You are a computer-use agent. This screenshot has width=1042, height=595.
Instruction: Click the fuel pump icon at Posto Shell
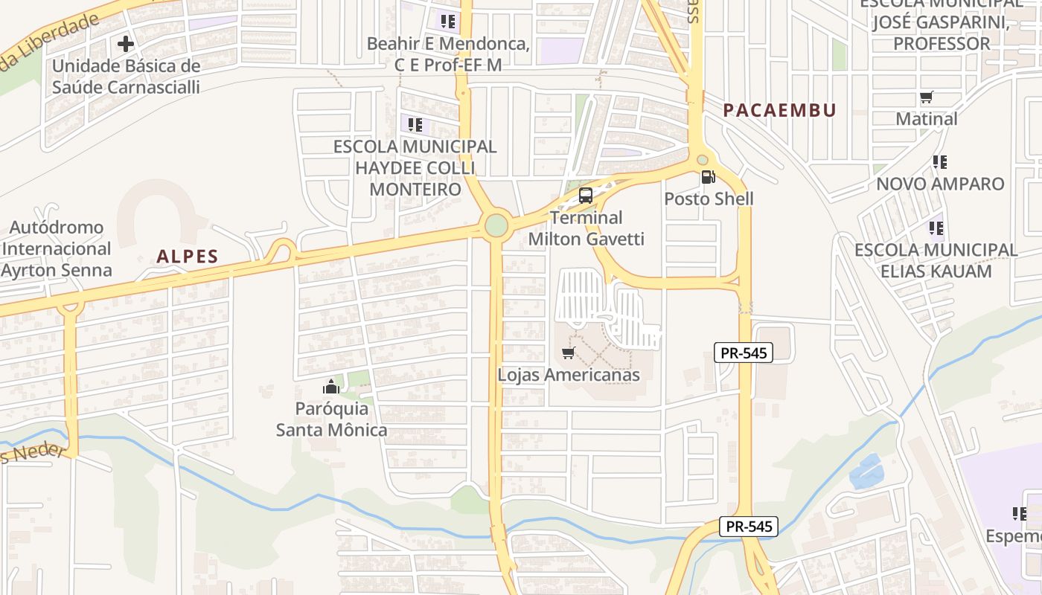coord(708,177)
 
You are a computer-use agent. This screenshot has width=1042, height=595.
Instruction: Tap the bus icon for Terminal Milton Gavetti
coord(586,196)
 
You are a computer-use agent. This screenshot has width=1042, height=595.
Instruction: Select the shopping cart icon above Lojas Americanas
coord(569,353)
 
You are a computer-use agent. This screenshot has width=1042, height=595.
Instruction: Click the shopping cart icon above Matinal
coord(927,97)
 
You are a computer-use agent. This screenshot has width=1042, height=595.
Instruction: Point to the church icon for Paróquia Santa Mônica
coord(330,387)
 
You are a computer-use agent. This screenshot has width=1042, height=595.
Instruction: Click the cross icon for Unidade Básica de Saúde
coord(126,44)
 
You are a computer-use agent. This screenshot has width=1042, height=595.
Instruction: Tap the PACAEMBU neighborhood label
coord(780,111)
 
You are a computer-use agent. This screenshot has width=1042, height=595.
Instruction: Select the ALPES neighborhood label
coord(188,257)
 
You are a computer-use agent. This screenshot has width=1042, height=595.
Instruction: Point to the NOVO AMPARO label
coord(940,184)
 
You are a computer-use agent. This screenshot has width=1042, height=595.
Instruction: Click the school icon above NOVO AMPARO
coord(940,161)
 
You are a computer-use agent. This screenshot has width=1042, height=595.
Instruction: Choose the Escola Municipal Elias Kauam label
coord(936,260)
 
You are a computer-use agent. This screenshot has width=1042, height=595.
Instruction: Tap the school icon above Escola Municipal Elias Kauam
coord(936,228)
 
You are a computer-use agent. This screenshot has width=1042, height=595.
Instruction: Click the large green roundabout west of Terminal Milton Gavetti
coord(496,225)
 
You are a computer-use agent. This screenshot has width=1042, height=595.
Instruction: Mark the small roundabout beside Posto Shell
coord(702,159)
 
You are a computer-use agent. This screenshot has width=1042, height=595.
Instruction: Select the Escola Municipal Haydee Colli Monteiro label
coord(415,167)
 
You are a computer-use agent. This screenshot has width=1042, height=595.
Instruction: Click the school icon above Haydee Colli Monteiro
coord(415,124)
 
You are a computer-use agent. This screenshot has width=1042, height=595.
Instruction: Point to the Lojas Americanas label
coord(569,375)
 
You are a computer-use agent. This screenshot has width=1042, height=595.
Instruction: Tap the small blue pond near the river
coord(866,472)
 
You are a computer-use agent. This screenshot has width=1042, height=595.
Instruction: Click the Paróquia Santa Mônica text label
coord(332,419)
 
